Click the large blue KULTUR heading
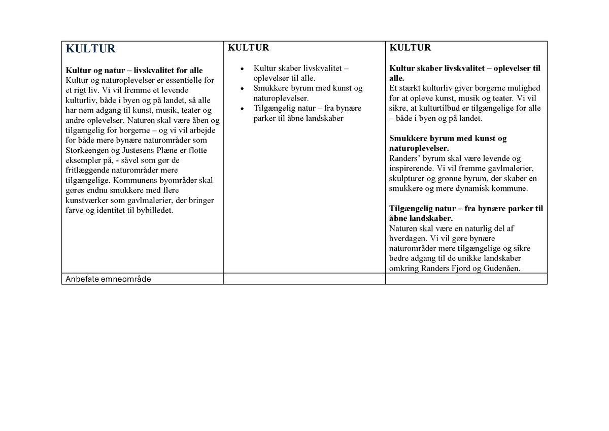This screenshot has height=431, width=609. (90, 49)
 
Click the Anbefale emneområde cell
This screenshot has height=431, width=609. (109, 279)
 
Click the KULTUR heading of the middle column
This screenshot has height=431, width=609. (248, 48)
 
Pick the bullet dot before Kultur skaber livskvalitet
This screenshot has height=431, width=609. (243, 69)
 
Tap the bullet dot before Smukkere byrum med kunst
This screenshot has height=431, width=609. (243, 89)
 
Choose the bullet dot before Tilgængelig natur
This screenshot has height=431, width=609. (243, 109)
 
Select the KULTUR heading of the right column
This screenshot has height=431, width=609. (410, 48)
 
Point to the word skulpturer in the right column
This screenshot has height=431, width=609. (407, 179)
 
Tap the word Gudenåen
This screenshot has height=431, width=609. (501, 269)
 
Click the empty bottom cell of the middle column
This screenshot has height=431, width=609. (304, 279)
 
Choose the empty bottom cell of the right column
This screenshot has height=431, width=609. (466, 279)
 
